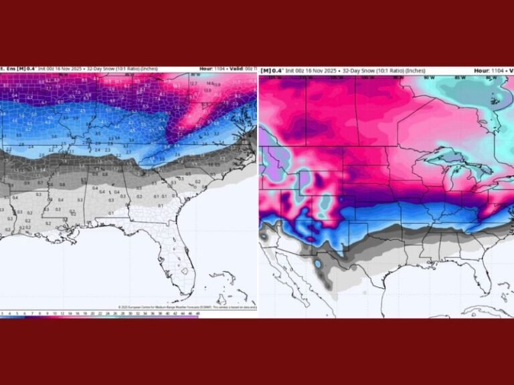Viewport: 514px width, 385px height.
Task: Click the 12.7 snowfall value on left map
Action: tap(194, 84)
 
